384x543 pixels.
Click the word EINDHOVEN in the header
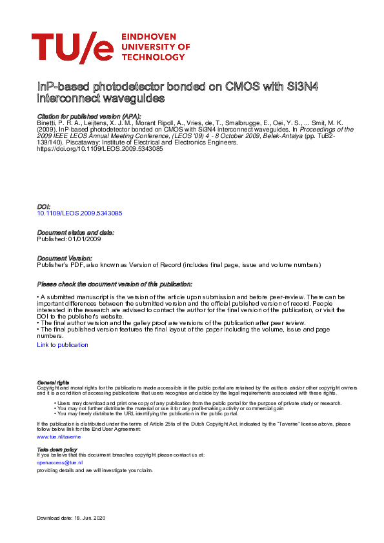(x=154, y=37)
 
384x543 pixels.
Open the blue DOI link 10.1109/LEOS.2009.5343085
(x=80, y=212)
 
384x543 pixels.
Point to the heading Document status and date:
(x=76, y=232)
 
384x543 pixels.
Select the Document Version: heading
(x=65, y=258)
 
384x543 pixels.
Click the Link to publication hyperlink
(x=63, y=345)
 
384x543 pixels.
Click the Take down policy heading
(x=57, y=449)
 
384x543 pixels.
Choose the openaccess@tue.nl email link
(x=59, y=462)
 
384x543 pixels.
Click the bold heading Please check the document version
(x=115, y=284)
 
